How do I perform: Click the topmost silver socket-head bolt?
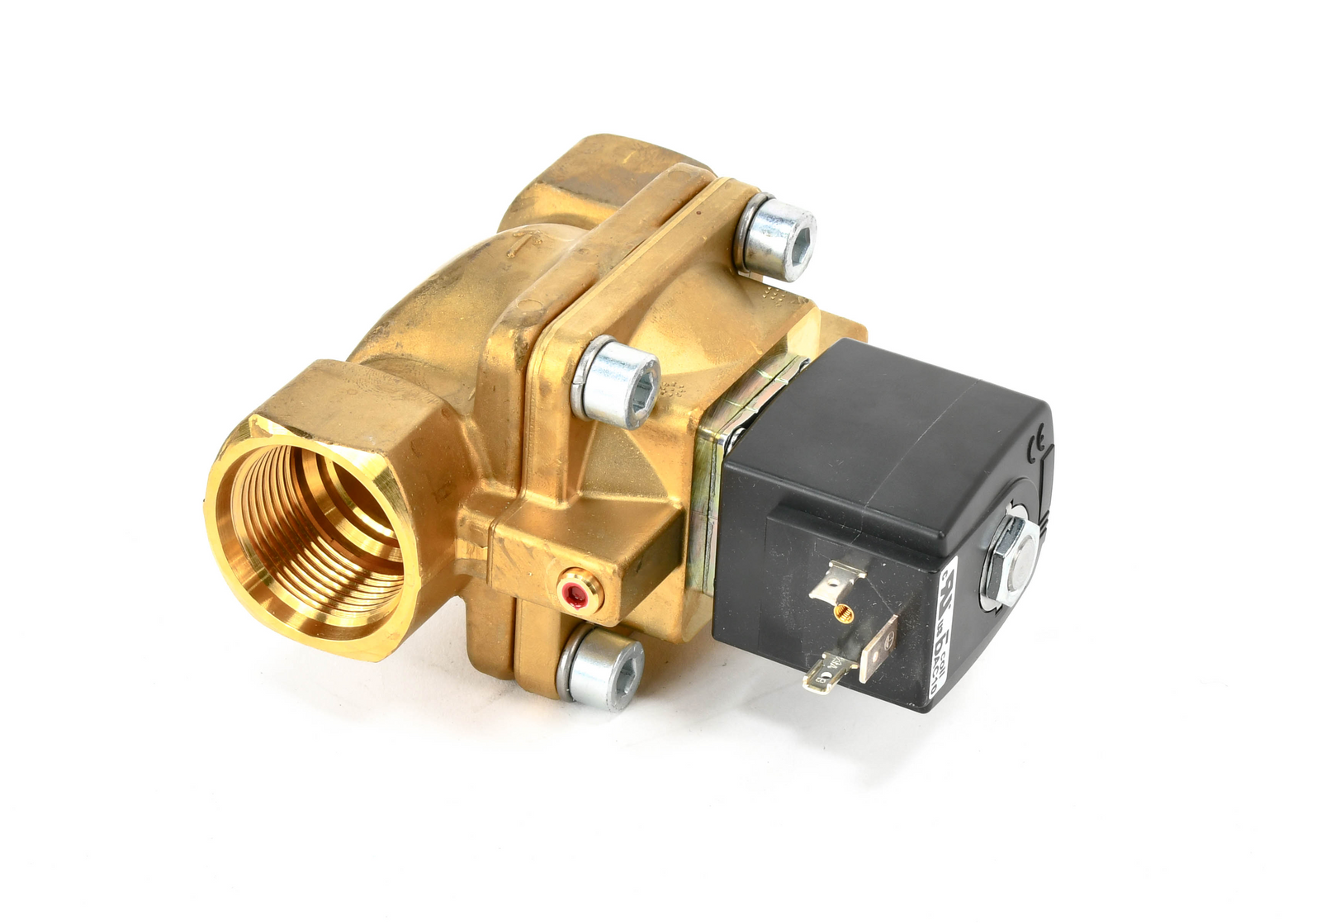tap(776, 237)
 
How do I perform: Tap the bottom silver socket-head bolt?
tap(600, 667)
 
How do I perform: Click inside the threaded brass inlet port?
tap(318, 537)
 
